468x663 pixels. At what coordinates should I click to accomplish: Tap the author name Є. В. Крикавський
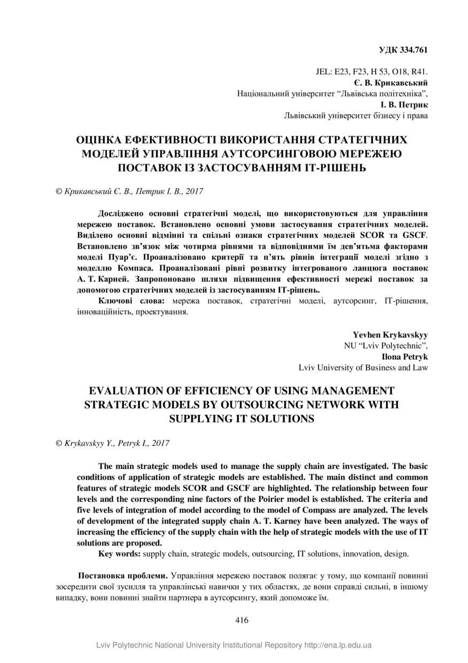coord(391,82)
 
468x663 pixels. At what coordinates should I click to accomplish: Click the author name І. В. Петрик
coord(404,105)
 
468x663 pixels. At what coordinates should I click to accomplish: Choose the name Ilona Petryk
coord(405,356)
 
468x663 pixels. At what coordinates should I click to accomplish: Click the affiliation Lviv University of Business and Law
coord(363,367)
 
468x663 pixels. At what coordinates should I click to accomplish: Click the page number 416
coord(241,620)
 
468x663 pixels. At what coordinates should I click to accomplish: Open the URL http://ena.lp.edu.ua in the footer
coord(338,645)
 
